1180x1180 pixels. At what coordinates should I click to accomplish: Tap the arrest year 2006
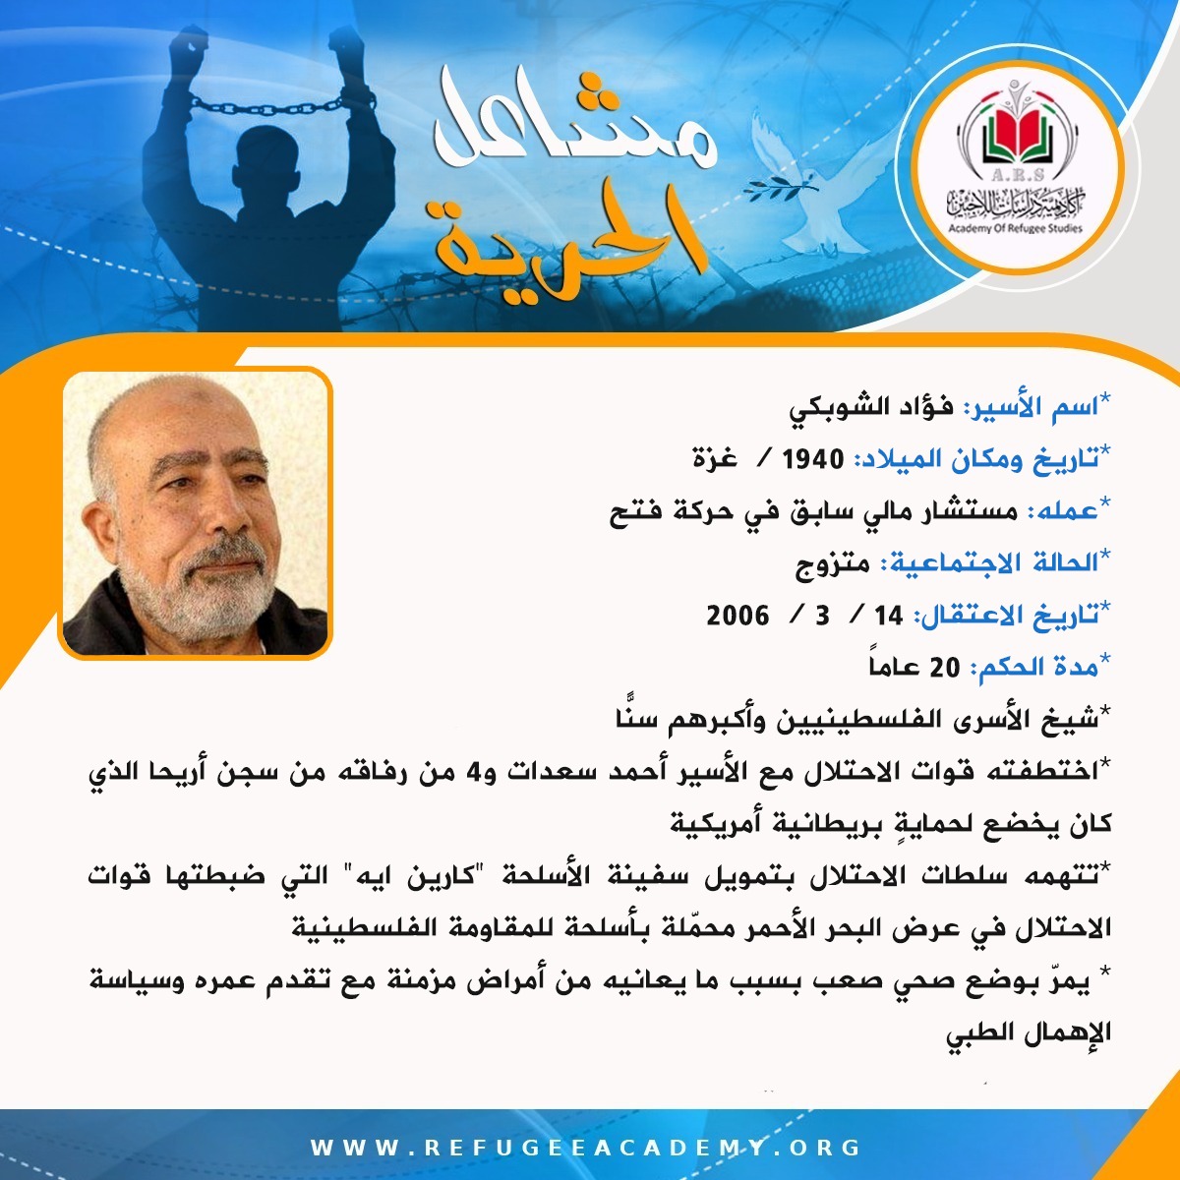point(737,616)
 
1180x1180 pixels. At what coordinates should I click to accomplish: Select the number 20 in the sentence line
point(945,668)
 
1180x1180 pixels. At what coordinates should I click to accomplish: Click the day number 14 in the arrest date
point(888,616)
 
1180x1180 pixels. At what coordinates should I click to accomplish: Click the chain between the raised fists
point(266,106)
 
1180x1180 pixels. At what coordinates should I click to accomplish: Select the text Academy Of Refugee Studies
point(1014,228)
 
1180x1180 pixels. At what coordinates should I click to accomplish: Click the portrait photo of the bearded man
point(196,513)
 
